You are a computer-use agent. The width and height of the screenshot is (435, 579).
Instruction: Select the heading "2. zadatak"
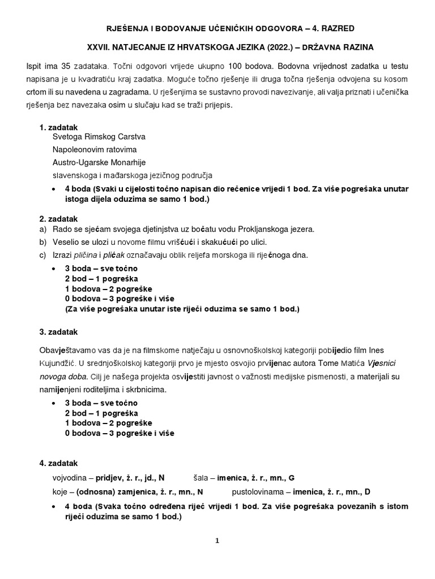(x=59, y=219)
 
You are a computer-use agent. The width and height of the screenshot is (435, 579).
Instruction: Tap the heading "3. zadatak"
(x=59, y=331)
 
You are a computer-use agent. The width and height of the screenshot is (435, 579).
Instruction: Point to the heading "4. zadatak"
(x=59, y=463)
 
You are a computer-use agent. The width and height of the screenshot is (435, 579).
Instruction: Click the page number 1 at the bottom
(x=217, y=541)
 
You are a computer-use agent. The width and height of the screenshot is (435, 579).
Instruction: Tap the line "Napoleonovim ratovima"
(x=95, y=149)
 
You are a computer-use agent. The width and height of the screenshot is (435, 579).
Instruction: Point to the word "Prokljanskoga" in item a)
(x=267, y=229)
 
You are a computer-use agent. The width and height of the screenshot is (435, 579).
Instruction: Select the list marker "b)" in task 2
(x=43, y=242)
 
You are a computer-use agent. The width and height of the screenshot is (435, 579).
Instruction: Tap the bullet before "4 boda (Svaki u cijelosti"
(x=53, y=188)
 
